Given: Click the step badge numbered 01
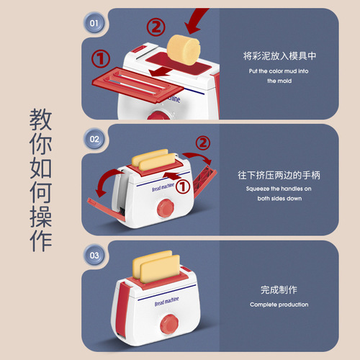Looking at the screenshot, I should coord(94,22).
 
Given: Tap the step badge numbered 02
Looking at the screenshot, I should coord(94,138).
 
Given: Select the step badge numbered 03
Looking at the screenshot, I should coord(94,255).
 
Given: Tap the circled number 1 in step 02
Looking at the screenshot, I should coord(184,186).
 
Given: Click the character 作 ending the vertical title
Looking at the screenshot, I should coord(42,240).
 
